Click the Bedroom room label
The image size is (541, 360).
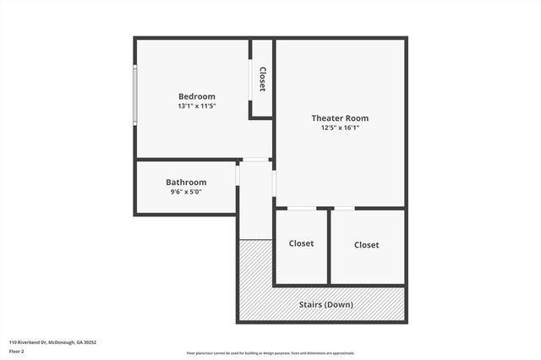[x=196, y=95]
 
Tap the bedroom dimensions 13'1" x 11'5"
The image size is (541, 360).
[x=196, y=106]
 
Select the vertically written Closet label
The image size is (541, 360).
[x=262, y=79]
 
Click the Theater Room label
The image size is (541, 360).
[x=340, y=117]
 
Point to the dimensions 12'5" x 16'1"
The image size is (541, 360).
[x=340, y=128]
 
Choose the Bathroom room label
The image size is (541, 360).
[x=186, y=182]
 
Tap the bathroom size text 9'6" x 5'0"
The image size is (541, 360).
[x=186, y=192]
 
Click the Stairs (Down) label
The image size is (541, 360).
[x=326, y=304]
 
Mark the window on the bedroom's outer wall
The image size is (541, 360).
[x=135, y=95]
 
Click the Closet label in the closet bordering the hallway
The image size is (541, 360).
[x=301, y=243]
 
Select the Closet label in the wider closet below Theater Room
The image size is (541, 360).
[x=366, y=244]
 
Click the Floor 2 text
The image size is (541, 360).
[x=17, y=352]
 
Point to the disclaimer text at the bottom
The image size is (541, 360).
[x=270, y=353]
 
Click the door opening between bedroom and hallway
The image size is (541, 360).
[x=254, y=159]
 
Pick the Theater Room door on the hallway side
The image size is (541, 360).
[x=274, y=183]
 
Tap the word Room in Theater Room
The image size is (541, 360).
[x=356, y=117]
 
